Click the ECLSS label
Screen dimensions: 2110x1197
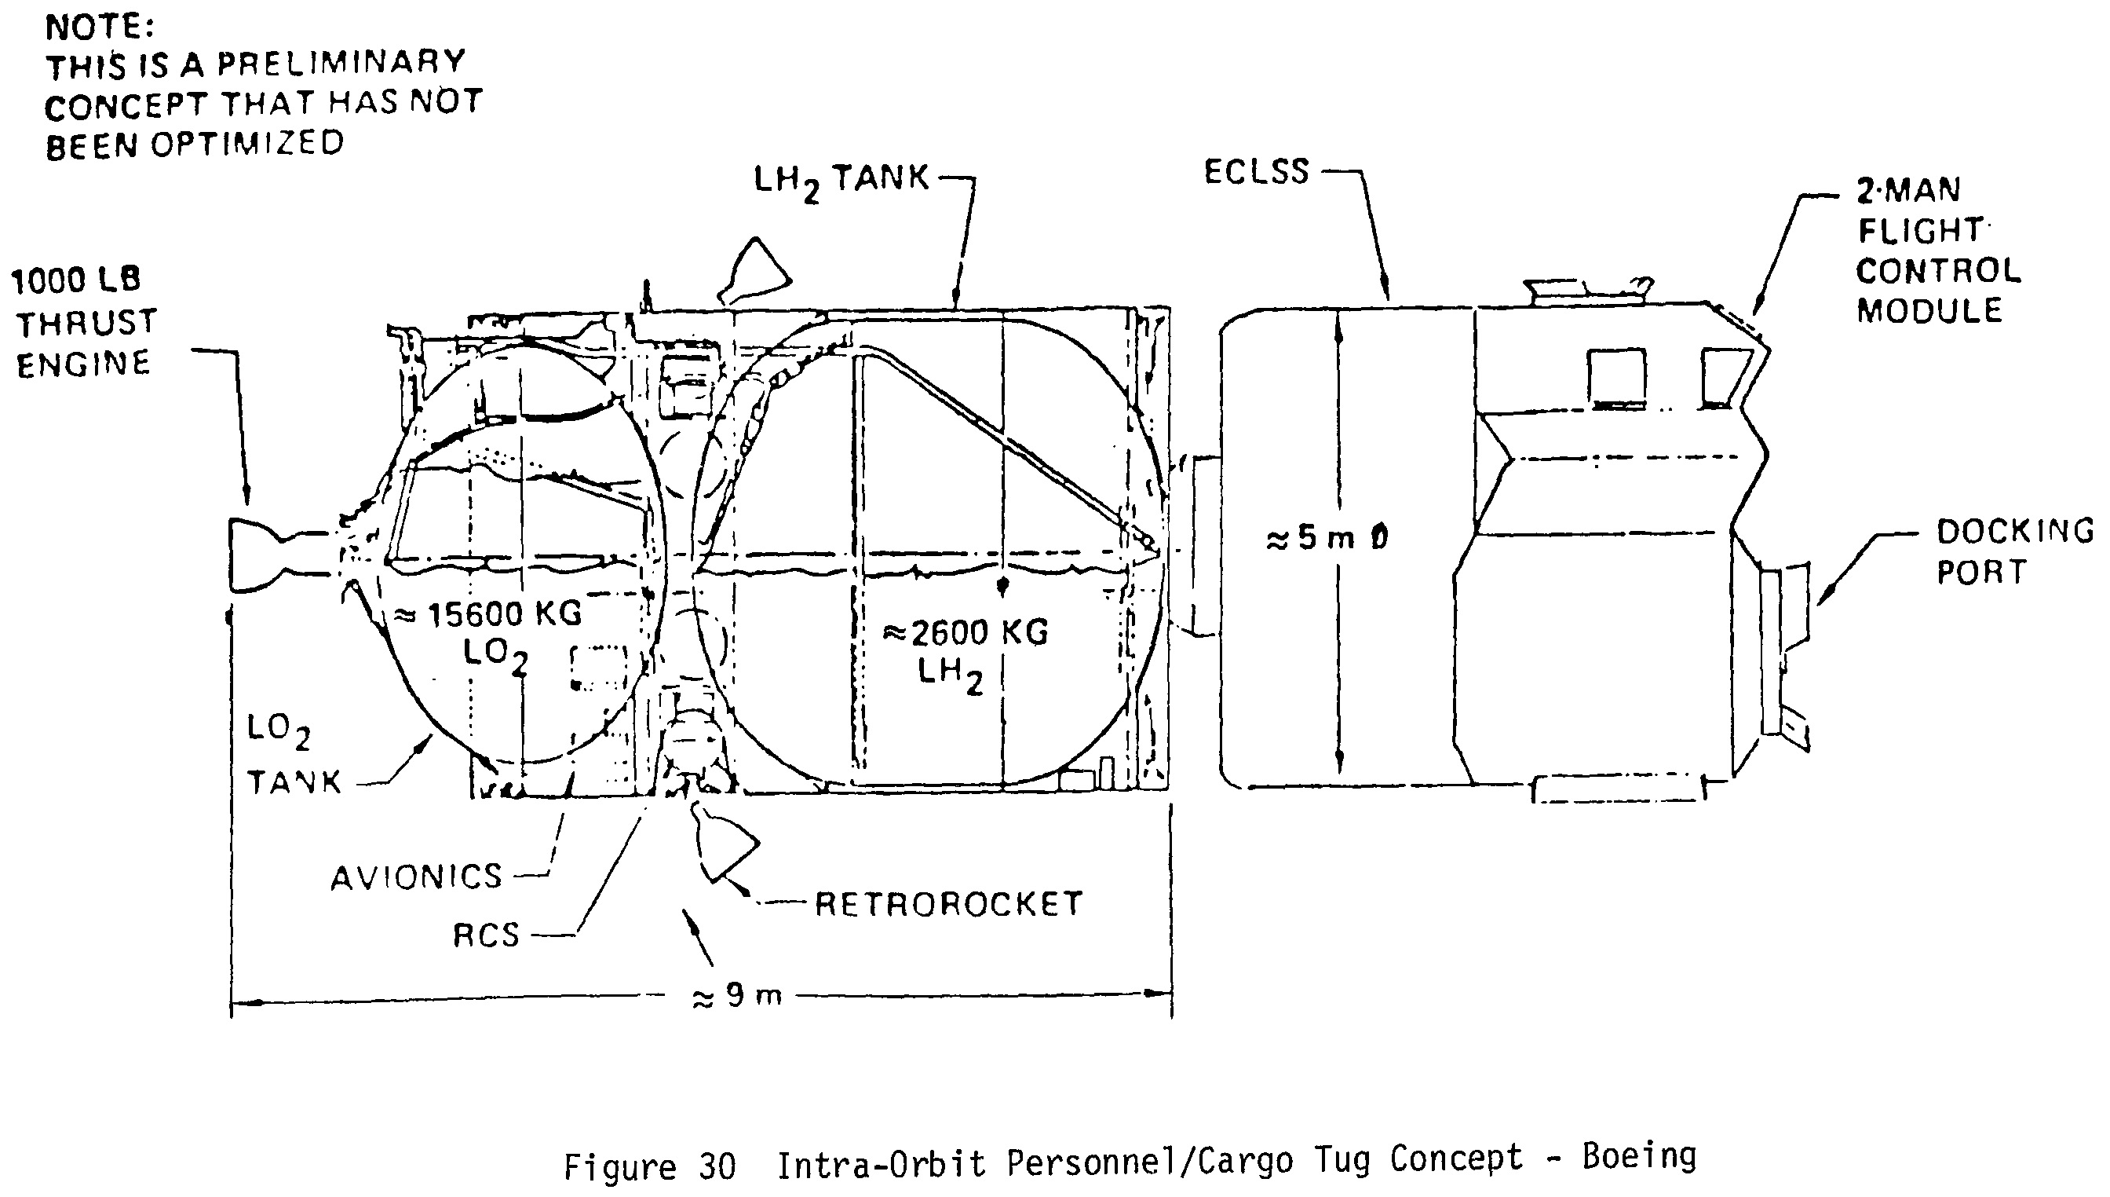1256,172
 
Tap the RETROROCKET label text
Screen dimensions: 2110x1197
948,904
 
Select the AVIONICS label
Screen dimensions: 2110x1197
417,877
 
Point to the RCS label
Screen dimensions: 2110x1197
487,935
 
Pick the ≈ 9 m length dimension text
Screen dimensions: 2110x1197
737,997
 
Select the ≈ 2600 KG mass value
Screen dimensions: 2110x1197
966,632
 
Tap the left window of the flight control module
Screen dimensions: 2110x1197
1616,377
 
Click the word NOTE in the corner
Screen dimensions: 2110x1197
100,27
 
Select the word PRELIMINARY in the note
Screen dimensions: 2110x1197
341,63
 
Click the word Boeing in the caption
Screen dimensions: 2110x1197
1639,1156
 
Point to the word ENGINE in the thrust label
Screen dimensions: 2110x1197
84,364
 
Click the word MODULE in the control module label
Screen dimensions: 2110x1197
1929,311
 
